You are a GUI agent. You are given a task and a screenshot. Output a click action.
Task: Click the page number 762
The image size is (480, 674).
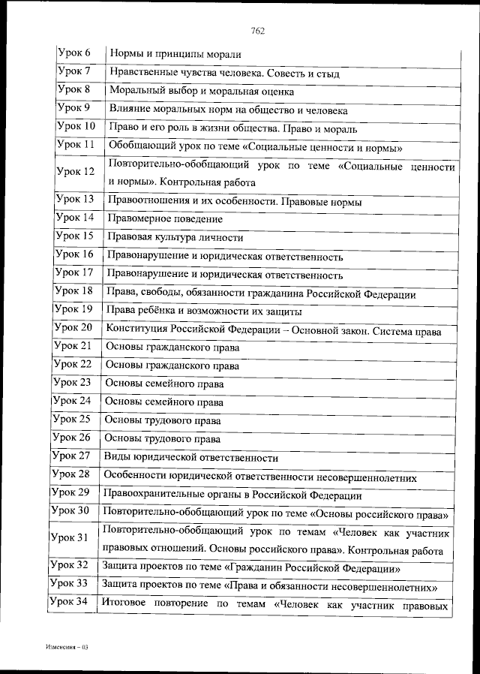point(259,31)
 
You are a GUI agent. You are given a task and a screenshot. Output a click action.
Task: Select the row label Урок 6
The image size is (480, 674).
point(73,53)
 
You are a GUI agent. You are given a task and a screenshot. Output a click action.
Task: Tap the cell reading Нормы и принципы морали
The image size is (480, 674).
point(175,54)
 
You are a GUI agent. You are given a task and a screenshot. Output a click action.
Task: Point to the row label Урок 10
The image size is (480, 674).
point(76,126)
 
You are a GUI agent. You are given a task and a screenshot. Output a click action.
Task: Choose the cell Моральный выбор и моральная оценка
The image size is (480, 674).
point(201,92)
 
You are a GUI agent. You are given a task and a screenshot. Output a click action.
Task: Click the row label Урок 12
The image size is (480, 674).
point(75,171)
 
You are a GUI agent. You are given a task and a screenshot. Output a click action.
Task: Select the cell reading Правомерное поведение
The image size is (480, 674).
point(165,219)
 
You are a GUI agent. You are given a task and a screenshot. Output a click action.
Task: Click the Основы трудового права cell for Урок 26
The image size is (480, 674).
point(162,438)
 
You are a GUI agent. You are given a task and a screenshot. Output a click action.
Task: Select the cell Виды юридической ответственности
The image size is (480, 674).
point(190,457)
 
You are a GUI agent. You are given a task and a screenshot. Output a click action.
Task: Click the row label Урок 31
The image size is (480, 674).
point(69,537)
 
